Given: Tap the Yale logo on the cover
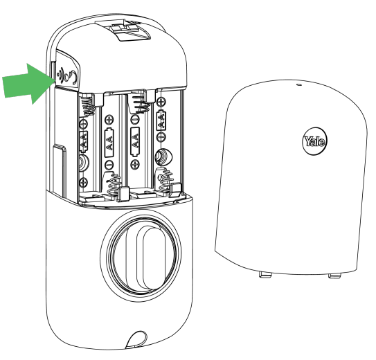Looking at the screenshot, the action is (314, 141).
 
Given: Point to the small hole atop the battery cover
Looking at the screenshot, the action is (298, 84).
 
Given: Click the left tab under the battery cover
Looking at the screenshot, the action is (265, 274).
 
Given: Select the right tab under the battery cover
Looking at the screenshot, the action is (334, 276).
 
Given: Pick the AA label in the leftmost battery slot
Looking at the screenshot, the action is (84, 141).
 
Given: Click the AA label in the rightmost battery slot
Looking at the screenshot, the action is (161, 120).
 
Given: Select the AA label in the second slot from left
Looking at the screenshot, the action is (109, 143).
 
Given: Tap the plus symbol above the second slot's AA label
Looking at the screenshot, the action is (109, 119).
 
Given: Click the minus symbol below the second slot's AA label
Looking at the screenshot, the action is (109, 165).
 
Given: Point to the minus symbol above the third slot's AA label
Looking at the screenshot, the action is (135, 119).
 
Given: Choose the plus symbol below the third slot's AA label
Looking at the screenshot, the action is (135, 164).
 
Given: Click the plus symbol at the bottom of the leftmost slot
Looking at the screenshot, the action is (84, 182).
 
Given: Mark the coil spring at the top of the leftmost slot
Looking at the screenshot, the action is (87, 105).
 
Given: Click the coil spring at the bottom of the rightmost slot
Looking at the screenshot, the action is (165, 181).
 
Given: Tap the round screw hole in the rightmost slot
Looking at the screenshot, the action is (163, 157).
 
